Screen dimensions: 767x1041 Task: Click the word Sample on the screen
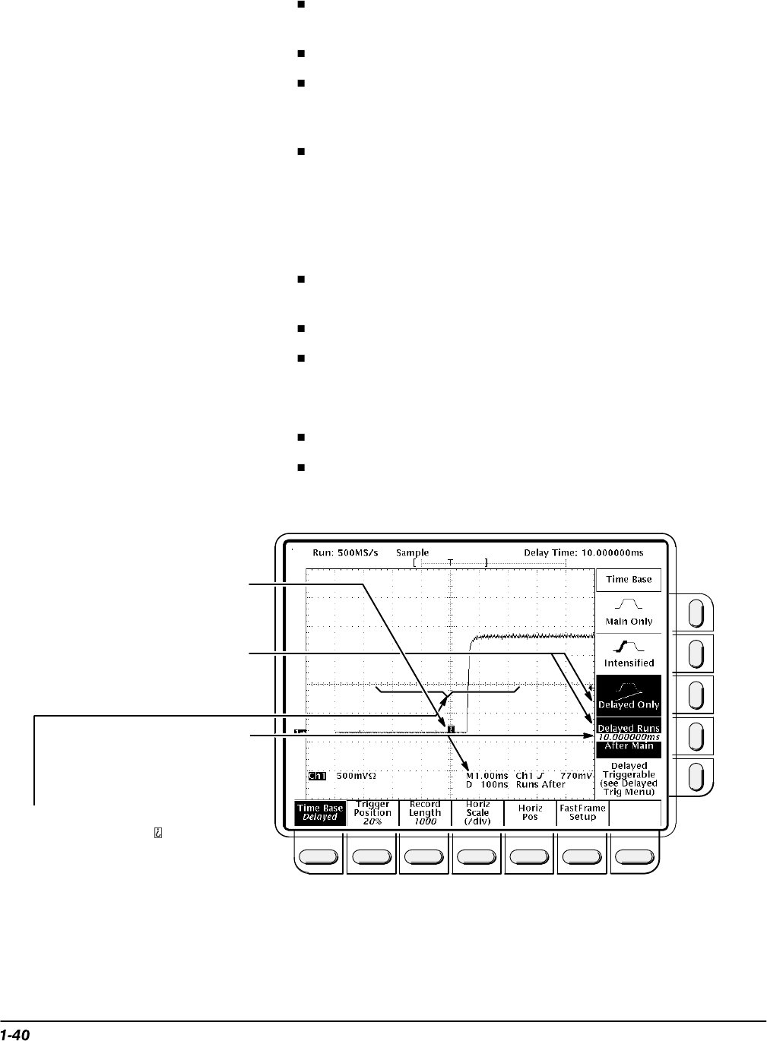(412, 552)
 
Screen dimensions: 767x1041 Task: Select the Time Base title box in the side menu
(628, 579)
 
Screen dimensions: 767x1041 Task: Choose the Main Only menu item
(628, 612)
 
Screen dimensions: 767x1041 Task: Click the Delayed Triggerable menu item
(629, 779)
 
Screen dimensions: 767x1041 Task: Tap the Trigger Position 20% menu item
(372, 812)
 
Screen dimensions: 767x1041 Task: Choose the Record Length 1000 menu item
(425, 812)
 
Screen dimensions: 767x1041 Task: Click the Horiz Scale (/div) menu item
(477, 812)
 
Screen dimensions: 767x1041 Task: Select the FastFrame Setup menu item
(582, 812)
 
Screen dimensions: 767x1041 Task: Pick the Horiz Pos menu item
(530, 812)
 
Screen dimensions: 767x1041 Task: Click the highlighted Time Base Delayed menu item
(319, 812)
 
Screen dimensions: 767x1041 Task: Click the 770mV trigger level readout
(575, 776)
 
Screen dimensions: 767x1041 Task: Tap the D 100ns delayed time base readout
(487, 784)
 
